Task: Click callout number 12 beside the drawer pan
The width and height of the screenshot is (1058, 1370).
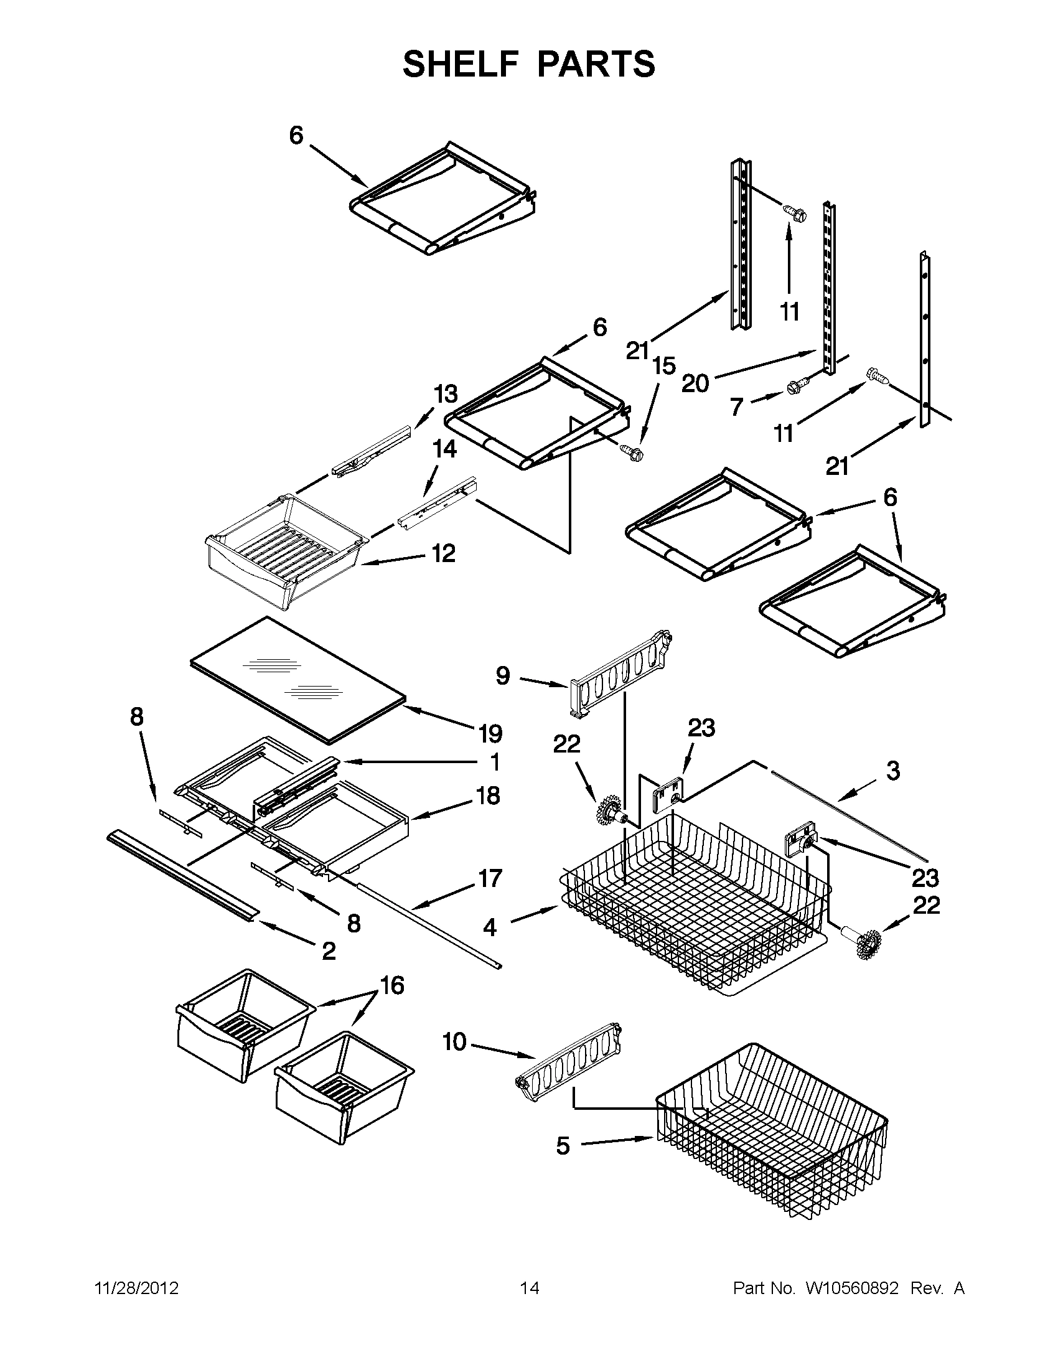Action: point(443,553)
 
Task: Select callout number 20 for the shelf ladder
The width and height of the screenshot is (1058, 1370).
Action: point(695,383)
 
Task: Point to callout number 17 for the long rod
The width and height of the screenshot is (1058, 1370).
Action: point(490,878)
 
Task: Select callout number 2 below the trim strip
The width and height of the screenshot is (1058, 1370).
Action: point(329,952)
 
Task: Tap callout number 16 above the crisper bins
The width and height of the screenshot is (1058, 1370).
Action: point(392,986)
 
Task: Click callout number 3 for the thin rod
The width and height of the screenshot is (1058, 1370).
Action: point(892,771)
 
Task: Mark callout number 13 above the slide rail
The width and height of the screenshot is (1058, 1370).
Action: point(446,395)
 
